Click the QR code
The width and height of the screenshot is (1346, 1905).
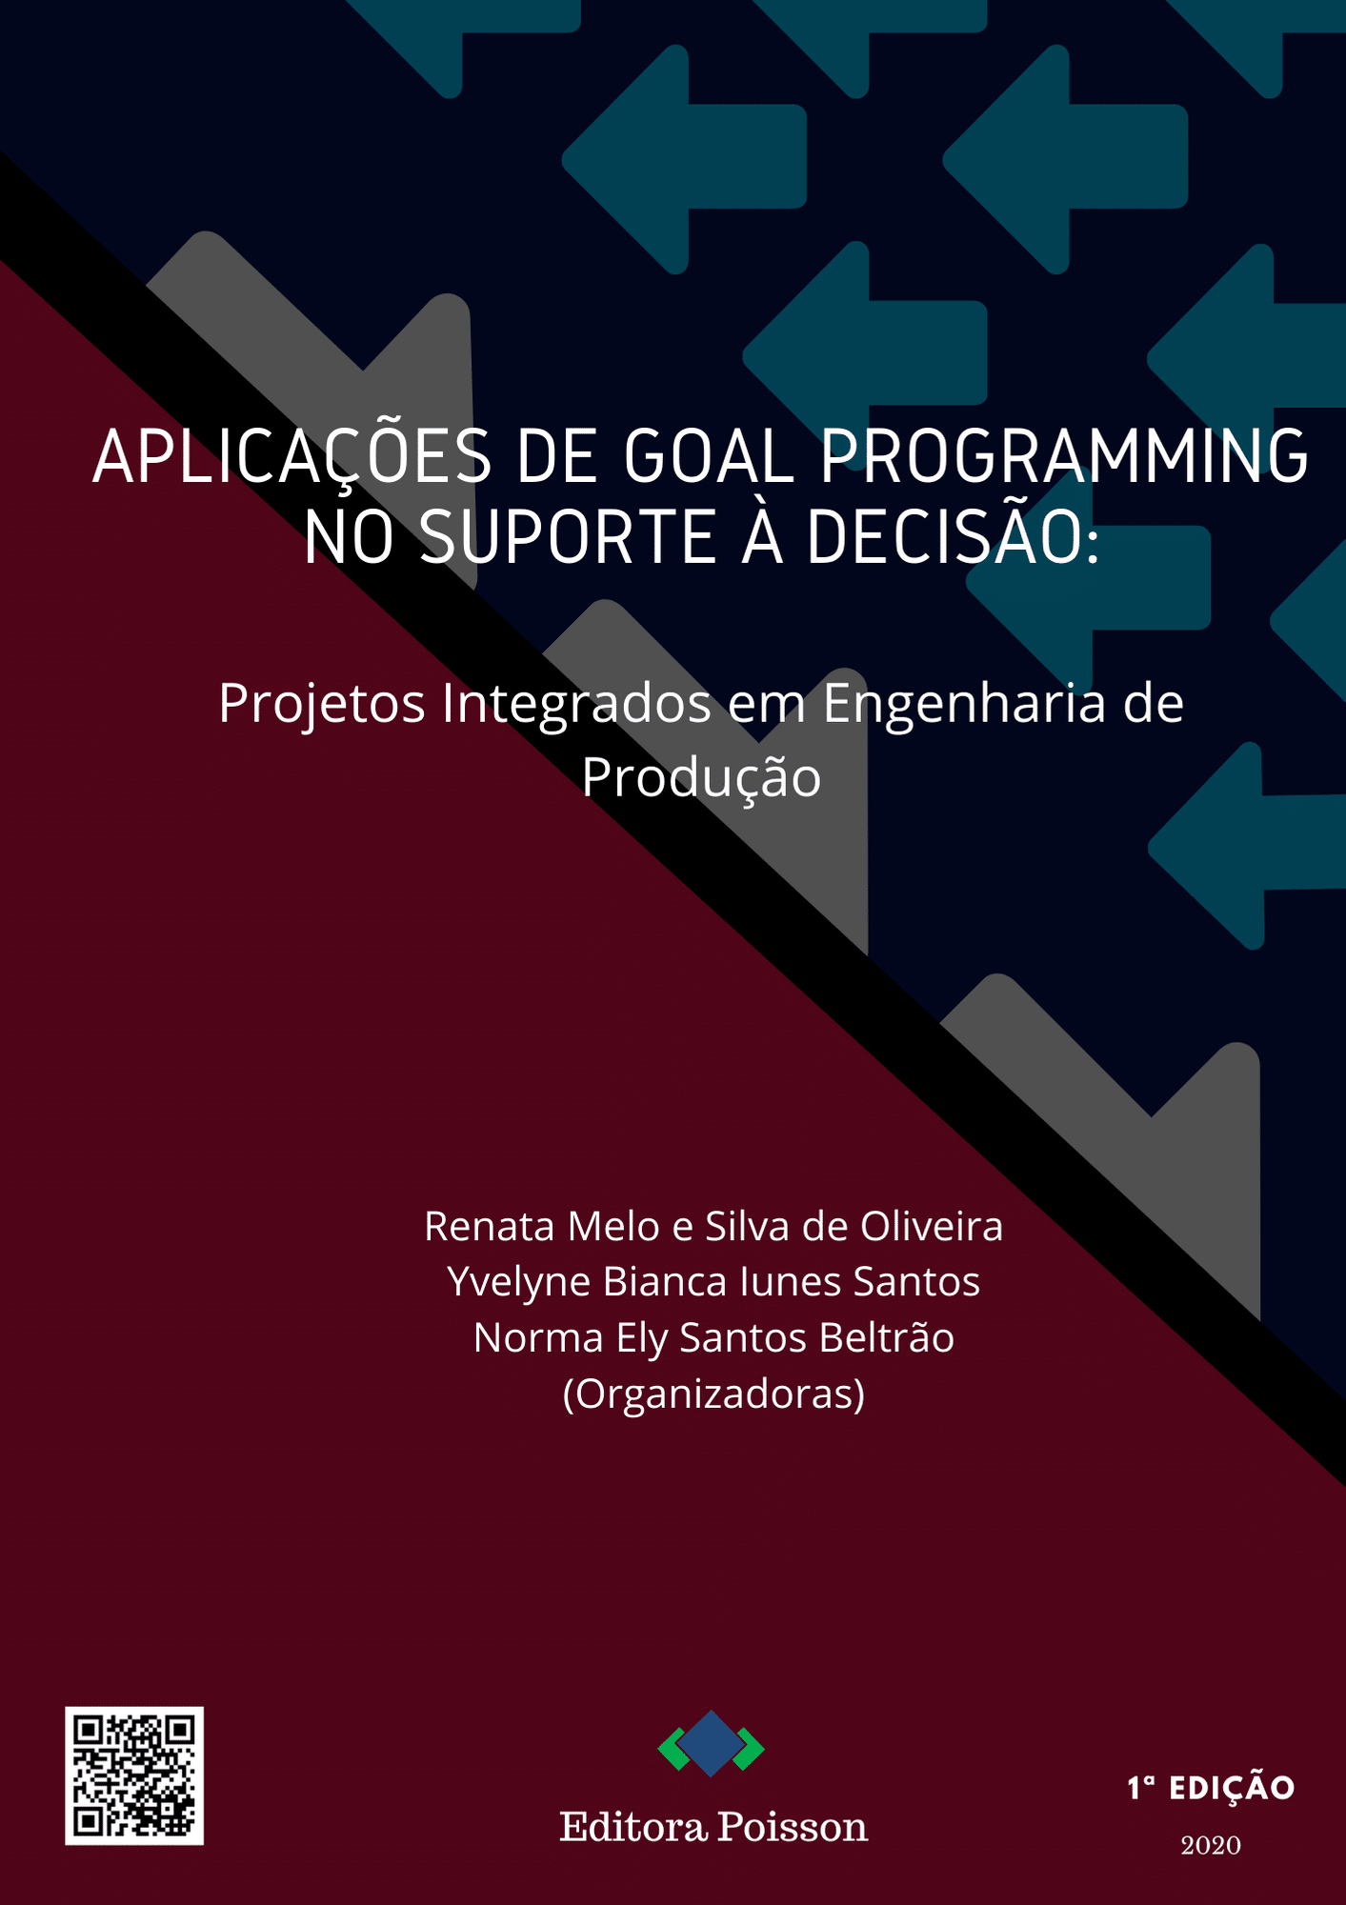tap(134, 1775)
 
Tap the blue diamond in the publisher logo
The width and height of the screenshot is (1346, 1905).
tap(712, 1743)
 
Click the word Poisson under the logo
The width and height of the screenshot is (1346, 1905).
tap(793, 1827)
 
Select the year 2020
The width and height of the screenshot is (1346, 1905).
tap(1211, 1846)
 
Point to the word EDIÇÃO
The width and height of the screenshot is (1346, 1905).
tap(1232, 1787)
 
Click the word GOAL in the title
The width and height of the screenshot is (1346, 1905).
tap(710, 456)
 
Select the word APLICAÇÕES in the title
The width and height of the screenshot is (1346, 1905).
tap(291, 457)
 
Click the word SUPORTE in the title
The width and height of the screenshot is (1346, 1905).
tap(568, 536)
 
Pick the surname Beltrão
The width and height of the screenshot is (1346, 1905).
tap(886, 1337)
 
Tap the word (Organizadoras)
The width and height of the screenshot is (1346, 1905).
tap(714, 1394)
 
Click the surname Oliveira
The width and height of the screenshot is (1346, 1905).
tap(932, 1227)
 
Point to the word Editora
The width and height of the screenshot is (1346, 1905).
tap(633, 1827)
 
